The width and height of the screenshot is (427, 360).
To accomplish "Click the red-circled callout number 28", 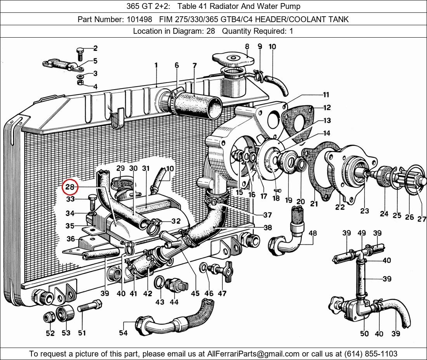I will coord(70,187).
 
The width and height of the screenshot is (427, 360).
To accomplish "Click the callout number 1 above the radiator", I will coord(156,66).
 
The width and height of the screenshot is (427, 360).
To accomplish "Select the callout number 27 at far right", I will coord(422,219).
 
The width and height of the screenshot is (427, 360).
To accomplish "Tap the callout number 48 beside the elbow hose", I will coord(312,233).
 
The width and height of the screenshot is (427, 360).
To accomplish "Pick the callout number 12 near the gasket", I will coord(327,108).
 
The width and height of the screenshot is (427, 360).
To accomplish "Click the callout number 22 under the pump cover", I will coord(340,207).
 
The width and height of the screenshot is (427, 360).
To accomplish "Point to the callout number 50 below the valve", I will coord(364,333).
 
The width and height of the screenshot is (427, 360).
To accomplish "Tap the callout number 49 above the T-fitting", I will coord(361,233).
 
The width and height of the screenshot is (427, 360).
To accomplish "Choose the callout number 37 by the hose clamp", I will coord(267,215).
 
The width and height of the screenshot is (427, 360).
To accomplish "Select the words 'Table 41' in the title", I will coord(191,6).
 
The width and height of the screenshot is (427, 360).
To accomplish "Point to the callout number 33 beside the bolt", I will coord(70,199).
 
